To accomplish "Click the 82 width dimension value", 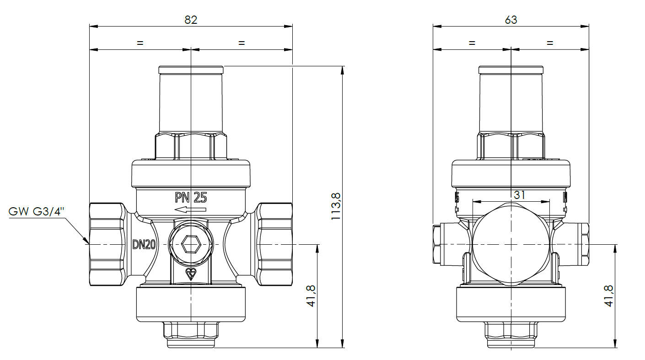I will tap(191, 20).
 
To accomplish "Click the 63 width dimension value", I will tap(511, 20).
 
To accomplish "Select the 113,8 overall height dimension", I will tap(336, 207).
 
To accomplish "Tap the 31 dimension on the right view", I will tap(519, 195).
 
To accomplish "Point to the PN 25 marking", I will tap(191, 198).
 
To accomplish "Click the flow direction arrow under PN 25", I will tap(190, 210).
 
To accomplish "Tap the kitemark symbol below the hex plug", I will tap(190, 274).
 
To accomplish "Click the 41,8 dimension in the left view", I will tap(311, 296).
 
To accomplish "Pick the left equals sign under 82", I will tap(140, 43).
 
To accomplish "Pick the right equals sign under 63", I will tap(550, 43).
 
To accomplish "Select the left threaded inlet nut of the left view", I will tap(107, 245).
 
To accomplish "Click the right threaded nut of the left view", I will tap(274, 245).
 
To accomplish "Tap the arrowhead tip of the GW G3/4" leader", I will tap(87, 242).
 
